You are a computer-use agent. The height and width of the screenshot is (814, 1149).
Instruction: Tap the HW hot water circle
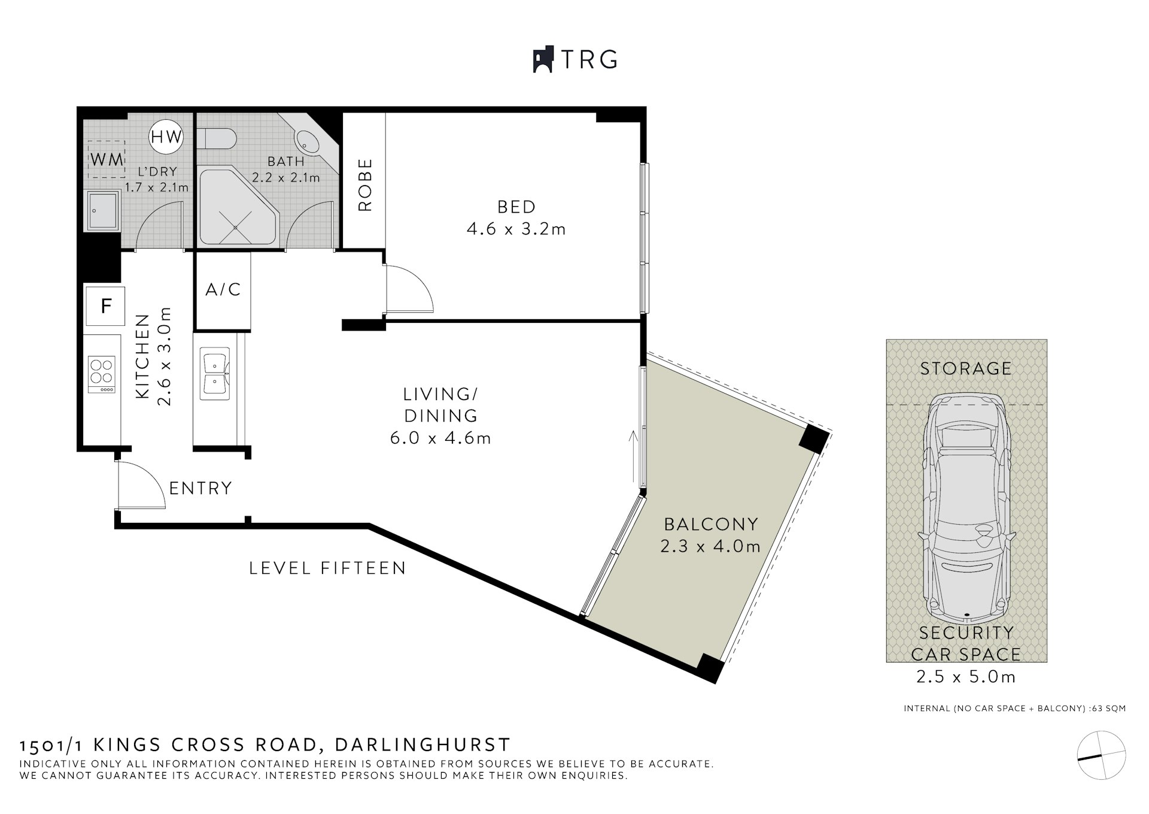pyautogui.click(x=166, y=137)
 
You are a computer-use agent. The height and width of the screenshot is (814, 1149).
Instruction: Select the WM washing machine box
pyautogui.click(x=107, y=159)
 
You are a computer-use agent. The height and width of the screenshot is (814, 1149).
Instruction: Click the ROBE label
pyautogui.click(x=365, y=184)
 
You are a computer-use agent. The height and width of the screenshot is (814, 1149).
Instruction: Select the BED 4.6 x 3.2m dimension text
pyautogui.click(x=516, y=229)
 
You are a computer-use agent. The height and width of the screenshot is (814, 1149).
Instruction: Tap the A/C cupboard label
pyautogui.click(x=223, y=290)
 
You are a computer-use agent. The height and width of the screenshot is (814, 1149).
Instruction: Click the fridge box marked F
pyautogui.click(x=105, y=306)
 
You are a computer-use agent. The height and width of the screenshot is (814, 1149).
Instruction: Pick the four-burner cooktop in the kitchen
pyautogui.click(x=101, y=374)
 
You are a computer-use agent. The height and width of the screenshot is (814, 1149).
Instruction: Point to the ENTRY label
pyautogui.click(x=200, y=489)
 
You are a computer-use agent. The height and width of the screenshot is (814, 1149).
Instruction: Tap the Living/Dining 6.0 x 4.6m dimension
pyautogui.click(x=440, y=438)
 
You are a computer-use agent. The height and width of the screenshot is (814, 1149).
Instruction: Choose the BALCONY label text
pyautogui.click(x=711, y=525)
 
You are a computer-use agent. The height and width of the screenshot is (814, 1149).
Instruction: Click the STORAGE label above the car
pyautogui.click(x=965, y=368)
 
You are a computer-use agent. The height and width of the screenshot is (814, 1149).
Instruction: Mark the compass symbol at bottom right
pyautogui.click(x=1101, y=755)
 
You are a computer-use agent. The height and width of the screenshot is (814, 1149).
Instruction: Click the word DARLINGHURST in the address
pyautogui.click(x=422, y=745)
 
